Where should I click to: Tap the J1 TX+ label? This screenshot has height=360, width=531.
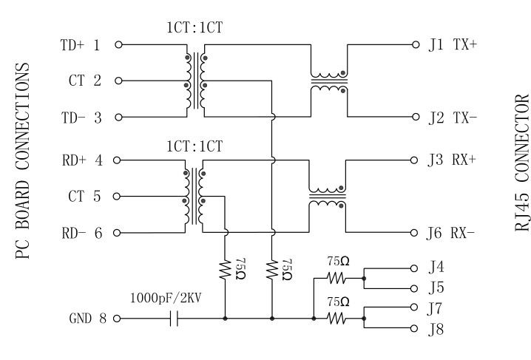click(x=453, y=44)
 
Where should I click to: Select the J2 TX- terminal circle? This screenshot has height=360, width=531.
click(x=415, y=117)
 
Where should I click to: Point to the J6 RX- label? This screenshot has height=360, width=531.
click(x=453, y=233)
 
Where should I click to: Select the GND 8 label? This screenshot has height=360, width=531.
click(x=88, y=319)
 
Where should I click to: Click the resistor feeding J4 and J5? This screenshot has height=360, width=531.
click(x=336, y=278)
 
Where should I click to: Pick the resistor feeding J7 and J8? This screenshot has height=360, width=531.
click(x=336, y=319)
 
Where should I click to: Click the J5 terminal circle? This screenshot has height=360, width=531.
click(x=415, y=288)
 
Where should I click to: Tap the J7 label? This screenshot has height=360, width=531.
click(x=436, y=306)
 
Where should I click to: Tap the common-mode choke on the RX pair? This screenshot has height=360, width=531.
click(x=328, y=196)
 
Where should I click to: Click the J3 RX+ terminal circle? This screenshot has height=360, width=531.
click(x=415, y=160)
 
